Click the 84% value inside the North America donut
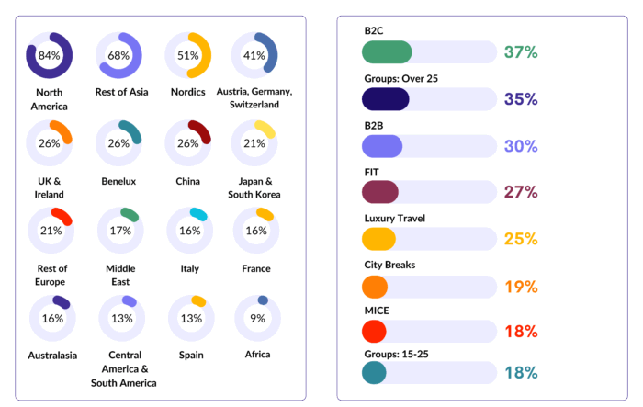click(49, 55)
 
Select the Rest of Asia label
click(119, 93)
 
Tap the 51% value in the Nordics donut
click(188, 55)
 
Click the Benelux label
click(119, 181)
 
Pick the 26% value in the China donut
click(188, 143)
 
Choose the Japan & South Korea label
click(254, 187)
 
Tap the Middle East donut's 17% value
click(119, 231)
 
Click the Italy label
click(187, 268)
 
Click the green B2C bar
click(387, 52)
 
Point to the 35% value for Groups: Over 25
click(521, 99)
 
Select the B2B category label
click(375, 124)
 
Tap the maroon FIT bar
click(380, 192)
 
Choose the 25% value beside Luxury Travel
click(521, 240)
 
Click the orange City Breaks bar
click(375, 287)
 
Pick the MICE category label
click(378, 311)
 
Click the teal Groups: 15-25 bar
click(375, 373)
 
